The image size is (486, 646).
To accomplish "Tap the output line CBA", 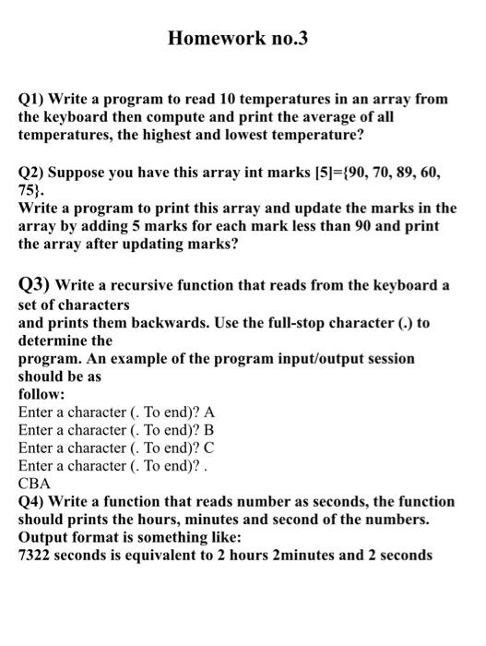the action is pyautogui.click(x=34, y=483).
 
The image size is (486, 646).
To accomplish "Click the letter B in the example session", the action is pyautogui.click(x=208, y=429).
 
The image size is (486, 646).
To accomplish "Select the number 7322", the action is pyautogui.click(x=37, y=556).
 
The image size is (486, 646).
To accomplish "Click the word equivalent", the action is pyautogui.click(x=174, y=556).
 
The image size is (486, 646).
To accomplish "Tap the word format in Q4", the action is pyautogui.click(x=98, y=537).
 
